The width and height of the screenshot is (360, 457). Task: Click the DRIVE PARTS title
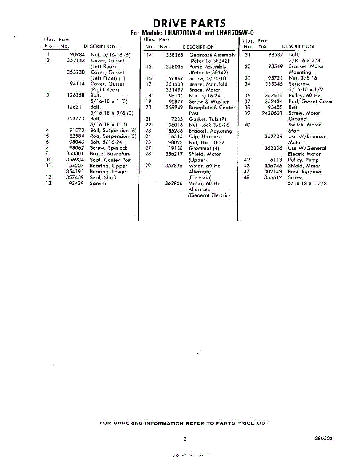point(189,23)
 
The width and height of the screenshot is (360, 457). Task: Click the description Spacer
point(98,184)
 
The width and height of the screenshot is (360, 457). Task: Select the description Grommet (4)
point(204,148)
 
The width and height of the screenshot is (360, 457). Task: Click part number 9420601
point(272,113)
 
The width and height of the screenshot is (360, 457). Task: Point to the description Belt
point(293,107)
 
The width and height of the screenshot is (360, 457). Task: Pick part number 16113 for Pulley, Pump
point(275,160)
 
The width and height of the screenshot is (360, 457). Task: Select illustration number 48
point(247,177)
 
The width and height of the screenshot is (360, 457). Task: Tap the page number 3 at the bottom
point(185,439)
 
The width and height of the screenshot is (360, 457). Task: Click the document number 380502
point(324,438)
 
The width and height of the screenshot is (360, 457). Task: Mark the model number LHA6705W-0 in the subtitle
point(235,33)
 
